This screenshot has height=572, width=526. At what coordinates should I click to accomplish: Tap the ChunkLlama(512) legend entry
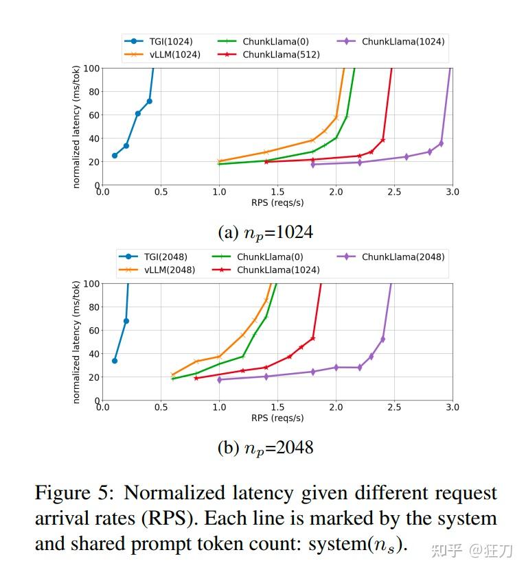280,55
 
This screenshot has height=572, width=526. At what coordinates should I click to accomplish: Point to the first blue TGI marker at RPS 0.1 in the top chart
115,156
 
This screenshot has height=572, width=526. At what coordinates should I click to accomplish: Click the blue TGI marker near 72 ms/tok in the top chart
149,102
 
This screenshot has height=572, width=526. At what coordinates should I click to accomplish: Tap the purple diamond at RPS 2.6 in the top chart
406,157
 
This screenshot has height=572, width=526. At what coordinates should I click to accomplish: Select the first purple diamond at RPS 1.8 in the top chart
313,165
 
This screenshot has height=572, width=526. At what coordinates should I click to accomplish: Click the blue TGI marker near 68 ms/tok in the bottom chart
126,321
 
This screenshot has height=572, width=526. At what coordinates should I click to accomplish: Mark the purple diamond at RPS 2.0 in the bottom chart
336,368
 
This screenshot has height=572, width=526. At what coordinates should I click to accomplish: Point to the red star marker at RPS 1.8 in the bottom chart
312,338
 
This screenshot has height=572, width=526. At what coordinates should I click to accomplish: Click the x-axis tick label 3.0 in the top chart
452,192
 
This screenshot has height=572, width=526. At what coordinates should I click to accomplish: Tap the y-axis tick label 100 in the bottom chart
91,283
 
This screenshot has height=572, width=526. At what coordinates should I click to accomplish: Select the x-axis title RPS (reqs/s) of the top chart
277,202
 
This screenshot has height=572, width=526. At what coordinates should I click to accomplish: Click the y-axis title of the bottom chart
76,341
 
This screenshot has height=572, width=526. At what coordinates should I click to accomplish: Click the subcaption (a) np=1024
265,233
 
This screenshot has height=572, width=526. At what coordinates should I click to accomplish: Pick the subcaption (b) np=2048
265,448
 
